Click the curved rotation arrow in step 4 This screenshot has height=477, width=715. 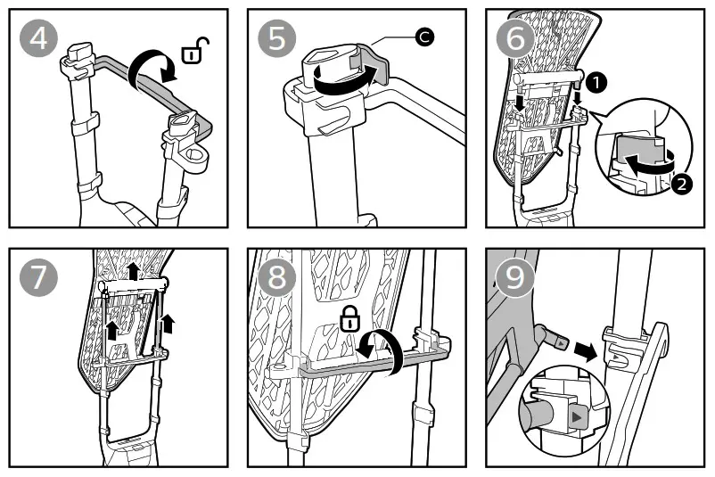click(145, 70)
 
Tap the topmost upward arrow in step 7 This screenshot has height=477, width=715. click(132, 270)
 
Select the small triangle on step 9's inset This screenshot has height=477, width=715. click(577, 415)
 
